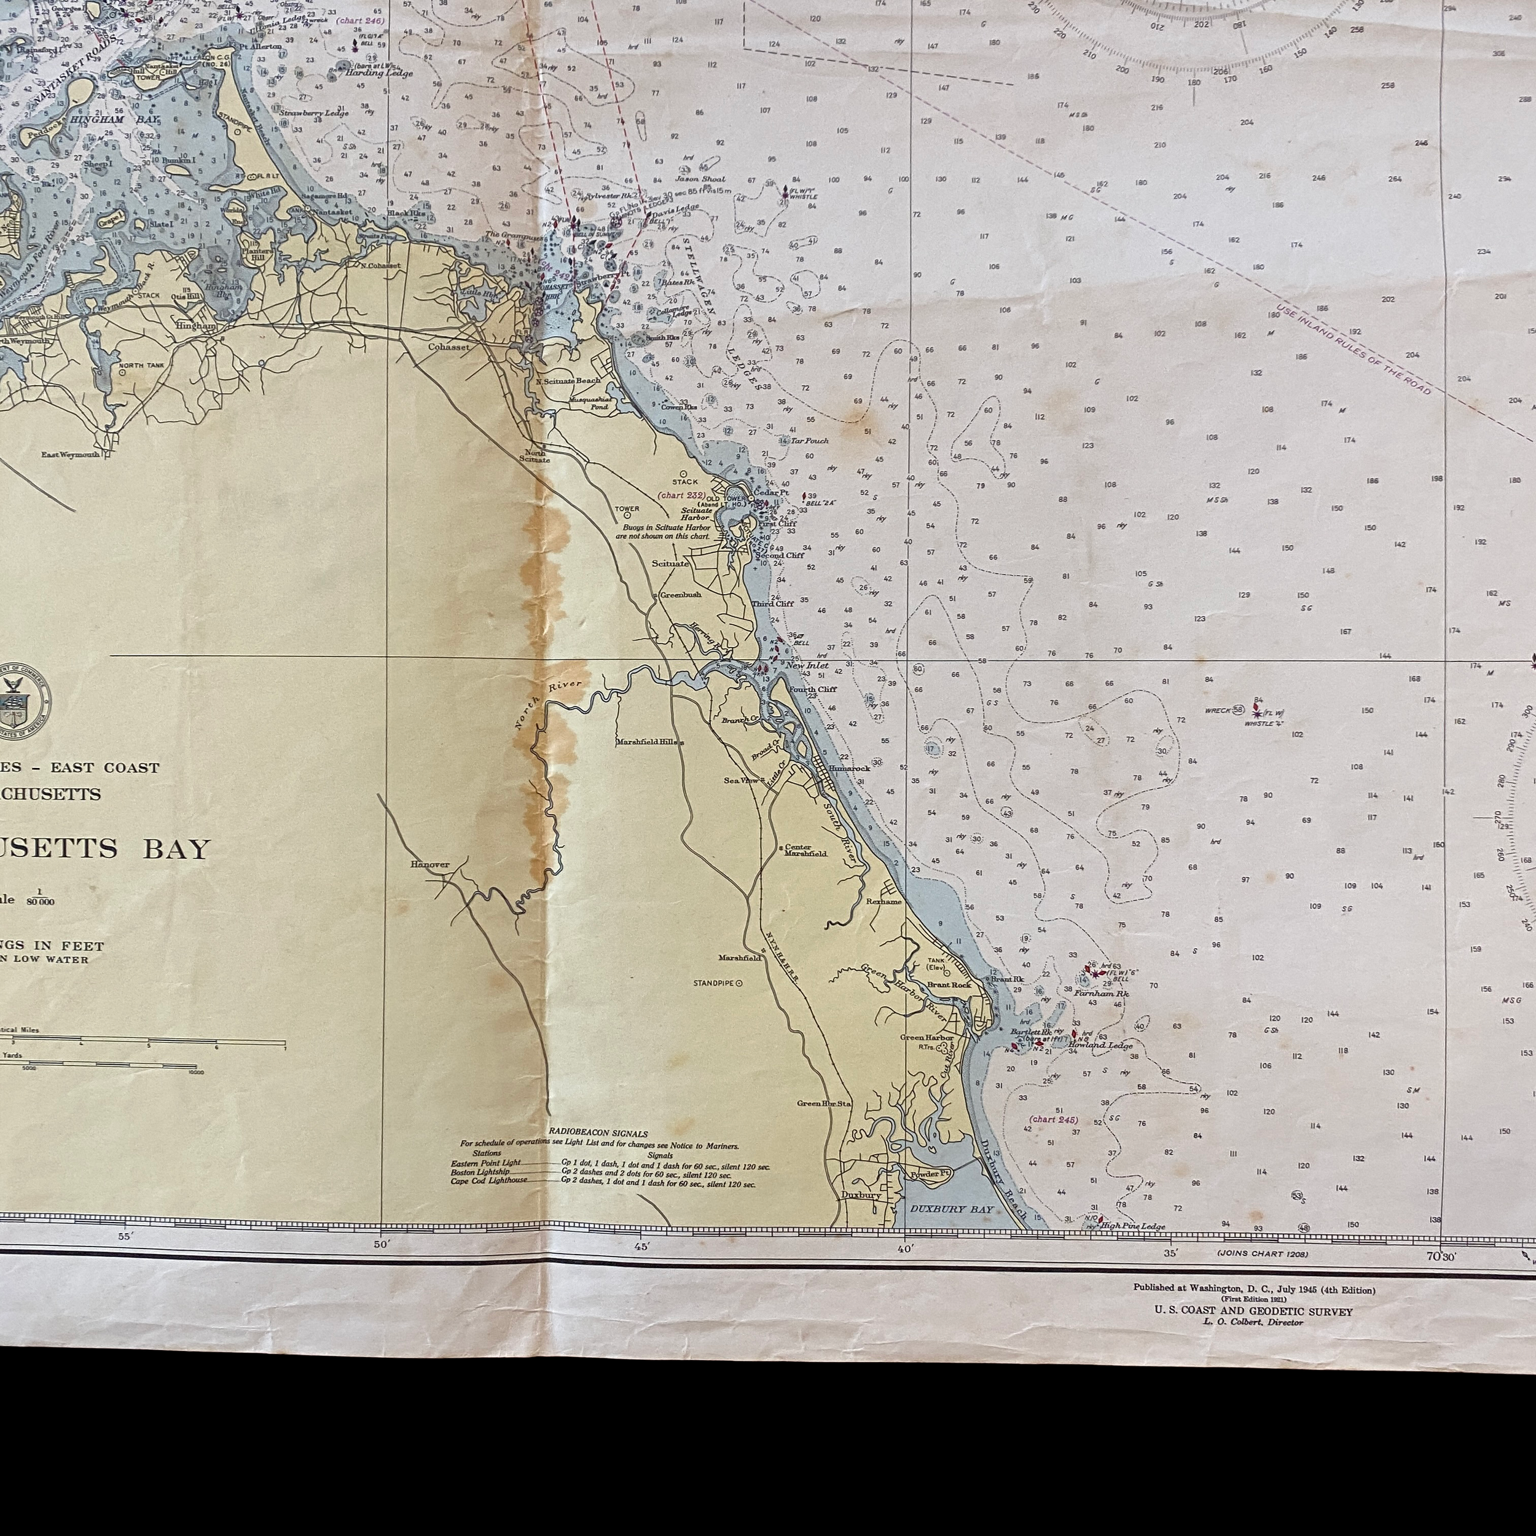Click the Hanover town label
(430, 864)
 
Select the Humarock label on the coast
(849, 769)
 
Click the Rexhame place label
(884, 901)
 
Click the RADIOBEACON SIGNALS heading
(598, 1134)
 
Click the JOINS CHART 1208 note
(1262, 1254)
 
